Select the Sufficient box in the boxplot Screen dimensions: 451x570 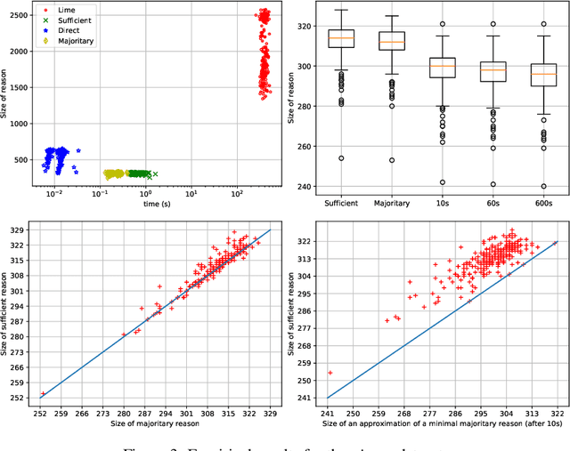pos(341,38)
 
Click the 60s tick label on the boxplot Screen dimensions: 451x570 pos(486,204)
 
